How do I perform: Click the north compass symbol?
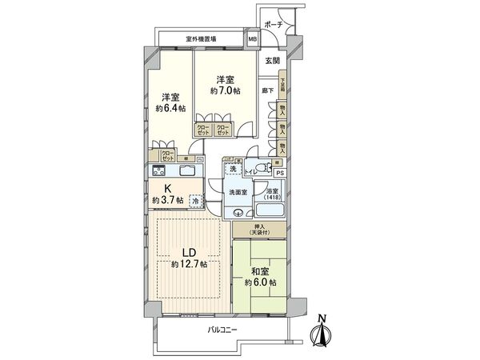pyautogui.click(x=321, y=331)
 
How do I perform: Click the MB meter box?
pyautogui.click(x=252, y=38)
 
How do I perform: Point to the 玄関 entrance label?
pyautogui.click(x=272, y=61)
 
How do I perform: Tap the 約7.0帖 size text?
pyautogui.click(x=225, y=91)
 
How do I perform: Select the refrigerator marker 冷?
pyautogui.click(x=196, y=202)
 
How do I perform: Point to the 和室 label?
pyautogui.click(x=261, y=272)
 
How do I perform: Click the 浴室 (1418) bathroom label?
pyautogui.click(x=272, y=194)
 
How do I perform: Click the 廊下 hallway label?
pyautogui.click(x=267, y=91)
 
